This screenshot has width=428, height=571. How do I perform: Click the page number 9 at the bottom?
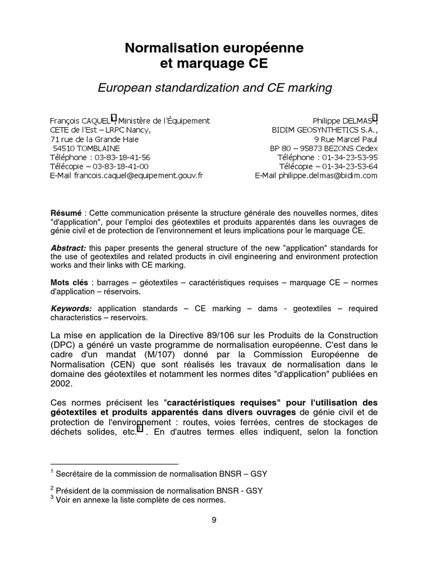(x=214, y=521)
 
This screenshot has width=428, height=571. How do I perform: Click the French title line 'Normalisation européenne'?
(x=214, y=49)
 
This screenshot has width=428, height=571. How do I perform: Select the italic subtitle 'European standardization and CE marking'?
(x=214, y=88)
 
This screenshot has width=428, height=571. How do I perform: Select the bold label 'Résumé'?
(x=65, y=213)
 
